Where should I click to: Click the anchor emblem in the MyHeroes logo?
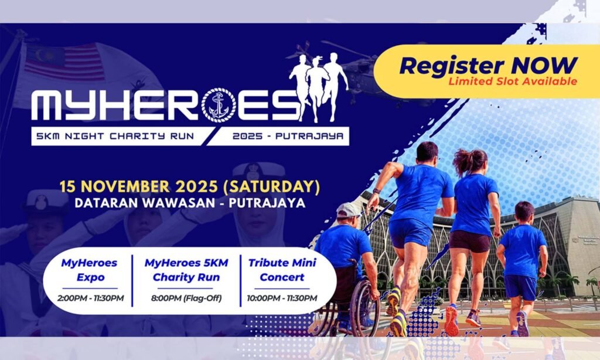coord(219,105)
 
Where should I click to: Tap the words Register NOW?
coord(488,65)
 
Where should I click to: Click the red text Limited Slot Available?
coord(513,81)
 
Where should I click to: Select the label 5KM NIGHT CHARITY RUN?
coord(115,136)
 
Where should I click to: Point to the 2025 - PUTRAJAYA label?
coord(288,136)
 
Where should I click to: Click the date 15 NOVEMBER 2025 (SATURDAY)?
coord(189,186)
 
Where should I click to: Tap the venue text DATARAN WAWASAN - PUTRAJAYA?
coord(190,203)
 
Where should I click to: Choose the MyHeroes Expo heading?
coord(90,270)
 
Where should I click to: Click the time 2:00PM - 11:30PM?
coord(91,298)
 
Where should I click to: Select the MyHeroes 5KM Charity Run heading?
coord(186,270)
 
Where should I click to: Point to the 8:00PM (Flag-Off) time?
coord(186,298)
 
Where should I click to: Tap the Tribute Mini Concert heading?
coord(282,270)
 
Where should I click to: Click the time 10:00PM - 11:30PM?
coord(282,298)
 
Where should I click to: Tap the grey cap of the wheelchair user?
coord(348,210)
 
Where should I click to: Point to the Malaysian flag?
coord(65,62)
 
